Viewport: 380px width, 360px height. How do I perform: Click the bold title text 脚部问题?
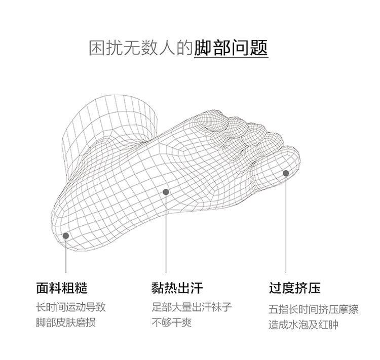[231, 48]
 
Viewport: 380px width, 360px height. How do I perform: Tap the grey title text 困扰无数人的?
[141, 48]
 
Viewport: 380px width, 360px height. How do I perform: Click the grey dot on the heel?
[66, 235]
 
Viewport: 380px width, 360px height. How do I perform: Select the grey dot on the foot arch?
[166, 191]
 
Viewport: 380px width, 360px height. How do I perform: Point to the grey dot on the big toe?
[286, 173]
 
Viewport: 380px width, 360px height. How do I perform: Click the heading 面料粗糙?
[62, 288]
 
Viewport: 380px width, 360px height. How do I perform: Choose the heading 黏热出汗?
[177, 288]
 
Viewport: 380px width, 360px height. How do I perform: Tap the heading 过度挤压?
[294, 288]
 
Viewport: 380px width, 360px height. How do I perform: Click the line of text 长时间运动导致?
[70, 307]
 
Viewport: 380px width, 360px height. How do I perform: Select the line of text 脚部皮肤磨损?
[65, 323]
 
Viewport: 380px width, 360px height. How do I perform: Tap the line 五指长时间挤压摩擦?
[313, 309]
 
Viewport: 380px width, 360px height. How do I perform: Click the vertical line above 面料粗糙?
[66, 256]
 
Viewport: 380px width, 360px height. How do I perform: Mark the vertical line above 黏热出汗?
[166, 233]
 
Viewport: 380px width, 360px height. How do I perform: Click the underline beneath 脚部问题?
[231, 58]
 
